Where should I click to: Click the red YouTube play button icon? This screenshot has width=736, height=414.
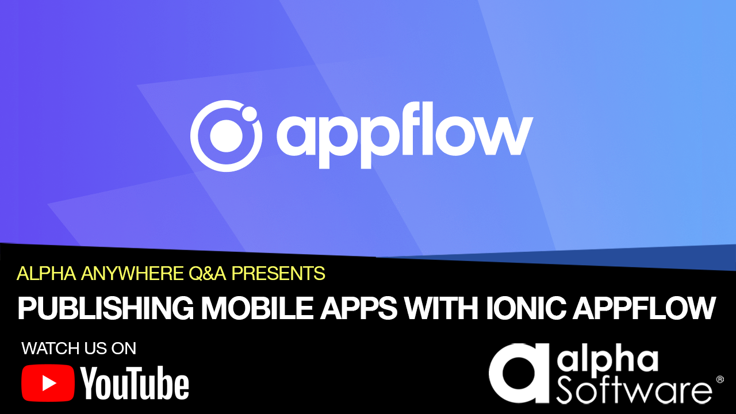click(x=48, y=383)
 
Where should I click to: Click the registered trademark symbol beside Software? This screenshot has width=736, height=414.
click(x=719, y=379)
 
